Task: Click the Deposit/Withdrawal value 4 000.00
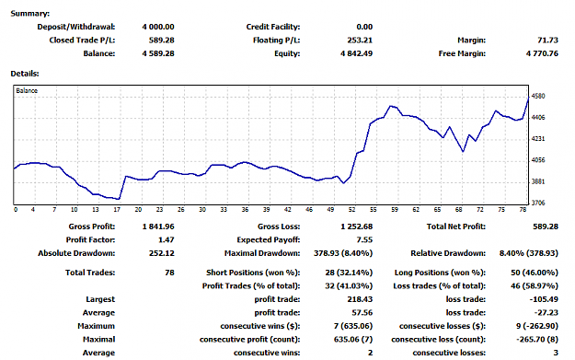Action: pos(158,27)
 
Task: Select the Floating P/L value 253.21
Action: pos(360,40)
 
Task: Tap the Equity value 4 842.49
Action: pos(356,53)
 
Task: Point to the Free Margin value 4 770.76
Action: pos(542,53)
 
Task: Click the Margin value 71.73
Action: pos(548,40)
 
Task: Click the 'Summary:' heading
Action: pos(30,14)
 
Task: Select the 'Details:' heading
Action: pos(25,74)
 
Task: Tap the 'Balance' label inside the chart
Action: pos(27,90)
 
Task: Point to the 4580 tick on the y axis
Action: pos(538,96)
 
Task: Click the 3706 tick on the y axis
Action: pos(538,203)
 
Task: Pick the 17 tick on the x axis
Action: pos(117,210)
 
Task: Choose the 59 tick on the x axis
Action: pos(395,210)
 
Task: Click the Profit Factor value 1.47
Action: pos(167,240)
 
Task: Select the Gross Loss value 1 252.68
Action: pos(356,226)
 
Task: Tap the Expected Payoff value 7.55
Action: pos(364,240)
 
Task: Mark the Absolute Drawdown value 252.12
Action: pos(161,253)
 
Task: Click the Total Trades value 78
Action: pos(169,273)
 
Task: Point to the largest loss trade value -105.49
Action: pos(544,299)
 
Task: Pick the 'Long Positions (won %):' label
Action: pos(440,273)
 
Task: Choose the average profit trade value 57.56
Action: pos(362,313)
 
